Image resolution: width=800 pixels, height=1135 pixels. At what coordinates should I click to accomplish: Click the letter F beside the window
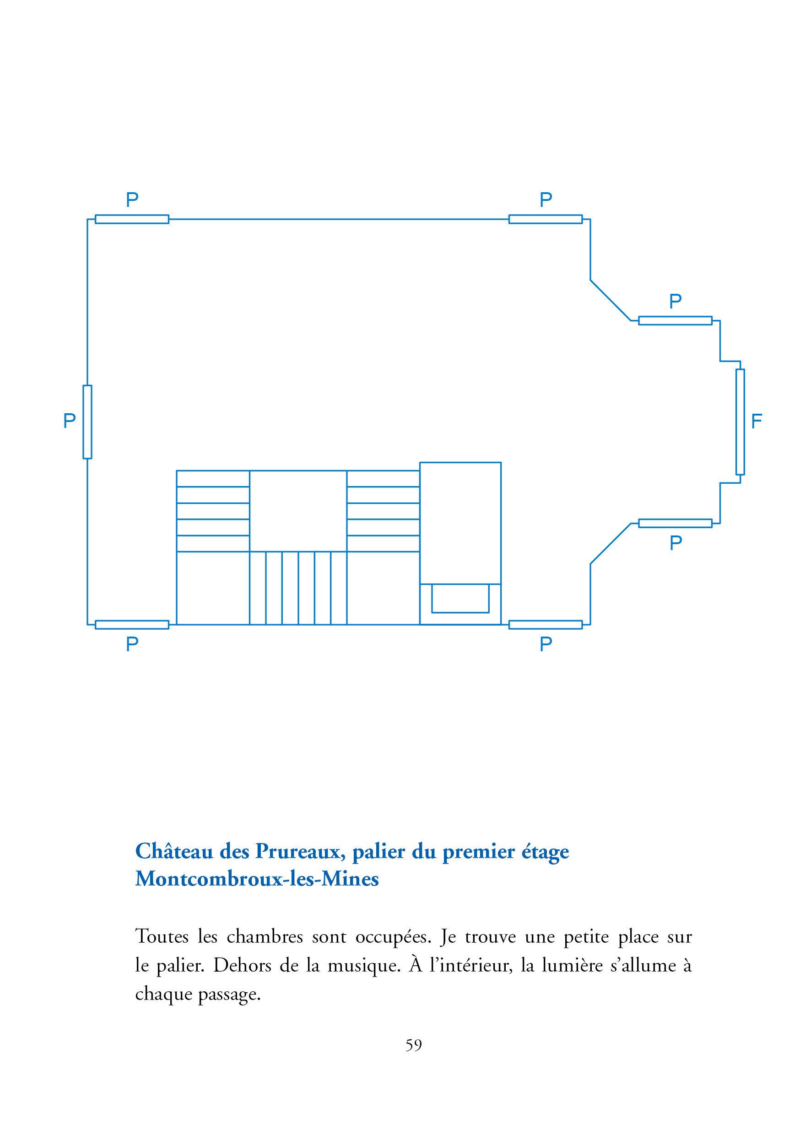pyautogui.click(x=756, y=421)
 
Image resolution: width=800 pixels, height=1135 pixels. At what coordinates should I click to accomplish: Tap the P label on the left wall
pyautogui.click(x=69, y=420)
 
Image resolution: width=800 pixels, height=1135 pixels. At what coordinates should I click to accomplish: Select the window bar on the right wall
pyautogui.click(x=740, y=422)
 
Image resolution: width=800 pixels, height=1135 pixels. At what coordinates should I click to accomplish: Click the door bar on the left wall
pyautogui.click(x=87, y=422)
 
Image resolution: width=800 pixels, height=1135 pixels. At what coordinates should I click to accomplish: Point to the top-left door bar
pyautogui.click(x=132, y=219)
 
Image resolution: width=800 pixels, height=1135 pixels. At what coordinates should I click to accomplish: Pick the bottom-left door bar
pyautogui.click(x=132, y=624)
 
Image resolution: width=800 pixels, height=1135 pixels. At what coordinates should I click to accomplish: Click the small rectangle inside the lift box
pyautogui.click(x=460, y=598)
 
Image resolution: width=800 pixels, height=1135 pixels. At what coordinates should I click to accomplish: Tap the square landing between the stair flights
pyautogui.click(x=297, y=511)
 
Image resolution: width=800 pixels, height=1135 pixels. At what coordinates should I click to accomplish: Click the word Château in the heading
pyautogui.click(x=174, y=851)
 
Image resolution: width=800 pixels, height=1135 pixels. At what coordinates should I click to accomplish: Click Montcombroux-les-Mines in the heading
pyautogui.click(x=257, y=878)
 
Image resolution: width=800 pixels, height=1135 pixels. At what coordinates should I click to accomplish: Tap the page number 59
pyautogui.click(x=413, y=1045)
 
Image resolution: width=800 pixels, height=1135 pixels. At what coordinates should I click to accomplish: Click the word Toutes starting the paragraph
pyautogui.click(x=162, y=937)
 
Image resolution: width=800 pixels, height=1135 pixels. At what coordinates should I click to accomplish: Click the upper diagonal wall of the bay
pyautogui.click(x=610, y=300)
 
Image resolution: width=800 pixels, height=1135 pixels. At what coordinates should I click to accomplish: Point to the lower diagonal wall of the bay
pyautogui.click(x=610, y=543)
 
